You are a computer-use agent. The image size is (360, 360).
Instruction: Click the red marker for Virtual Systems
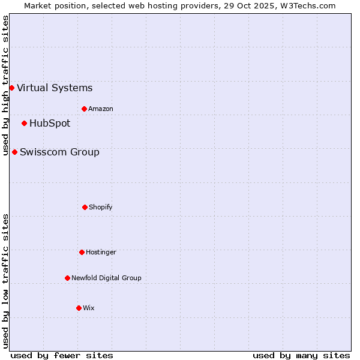(x=11, y=88)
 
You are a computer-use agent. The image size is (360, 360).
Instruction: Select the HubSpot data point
(x=24, y=123)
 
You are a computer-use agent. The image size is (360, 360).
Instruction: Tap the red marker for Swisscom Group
(x=14, y=152)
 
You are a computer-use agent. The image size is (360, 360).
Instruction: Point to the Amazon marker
(x=84, y=109)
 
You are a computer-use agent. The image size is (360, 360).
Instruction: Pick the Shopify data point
(x=85, y=207)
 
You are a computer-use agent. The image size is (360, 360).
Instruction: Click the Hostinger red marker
(x=82, y=252)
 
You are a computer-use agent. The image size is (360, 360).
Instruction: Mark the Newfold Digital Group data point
(x=67, y=278)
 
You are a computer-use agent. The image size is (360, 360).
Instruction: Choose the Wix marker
(x=79, y=308)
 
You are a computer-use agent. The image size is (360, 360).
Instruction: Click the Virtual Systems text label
(x=55, y=88)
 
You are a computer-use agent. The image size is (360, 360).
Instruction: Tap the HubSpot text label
(x=50, y=123)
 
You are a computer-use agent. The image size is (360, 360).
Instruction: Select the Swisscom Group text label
(x=59, y=152)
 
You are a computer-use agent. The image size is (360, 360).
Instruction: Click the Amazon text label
(x=101, y=109)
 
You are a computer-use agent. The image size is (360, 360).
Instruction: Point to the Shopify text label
(x=101, y=207)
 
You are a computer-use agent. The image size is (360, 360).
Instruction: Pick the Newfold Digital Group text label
(x=106, y=278)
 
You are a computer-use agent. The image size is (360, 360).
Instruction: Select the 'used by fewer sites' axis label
(x=62, y=355)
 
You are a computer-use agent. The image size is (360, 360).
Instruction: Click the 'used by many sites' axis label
(x=301, y=355)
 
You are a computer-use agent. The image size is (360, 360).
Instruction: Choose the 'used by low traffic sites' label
(x=5, y=281)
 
